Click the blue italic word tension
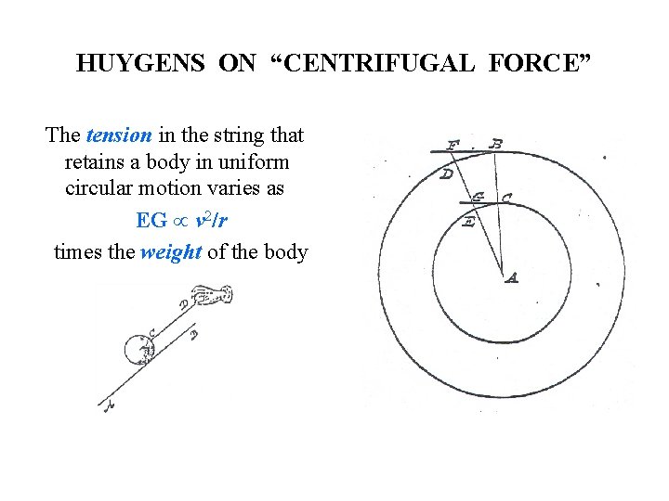(119, 135)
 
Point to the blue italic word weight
(171, 251)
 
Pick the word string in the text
(232, 135)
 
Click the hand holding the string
(213, 296)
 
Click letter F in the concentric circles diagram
(453, 145)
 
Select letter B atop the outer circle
(497, 143)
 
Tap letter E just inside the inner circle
(469, 222)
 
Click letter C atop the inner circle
(505, 197)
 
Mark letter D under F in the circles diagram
(447, 173)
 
